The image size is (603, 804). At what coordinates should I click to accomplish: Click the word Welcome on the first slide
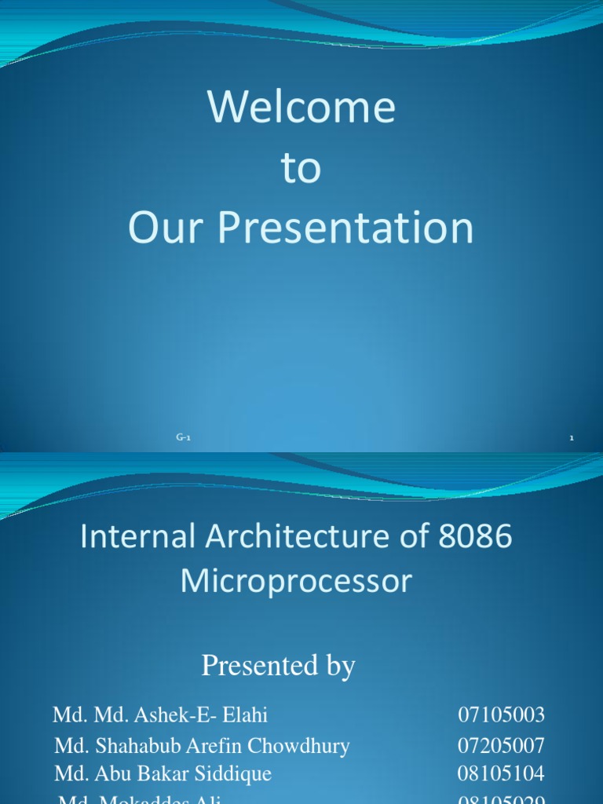click(x=301, y=108)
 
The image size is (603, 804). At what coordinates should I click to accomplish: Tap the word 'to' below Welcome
click(x=301, y=169)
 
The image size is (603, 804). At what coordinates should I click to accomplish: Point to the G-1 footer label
click(x=183, y=438)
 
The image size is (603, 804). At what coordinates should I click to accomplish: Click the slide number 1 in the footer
click(x=572, y=438)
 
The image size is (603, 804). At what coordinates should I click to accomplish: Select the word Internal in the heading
click(x=129, y=538)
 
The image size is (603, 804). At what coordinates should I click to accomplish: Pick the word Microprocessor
click(x=296, y=582)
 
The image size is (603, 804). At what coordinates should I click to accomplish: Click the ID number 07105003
click(x=501, y=715)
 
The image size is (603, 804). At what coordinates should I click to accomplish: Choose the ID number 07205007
click(x=501, y=745)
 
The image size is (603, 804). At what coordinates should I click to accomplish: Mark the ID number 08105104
click(x=501, y=773)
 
